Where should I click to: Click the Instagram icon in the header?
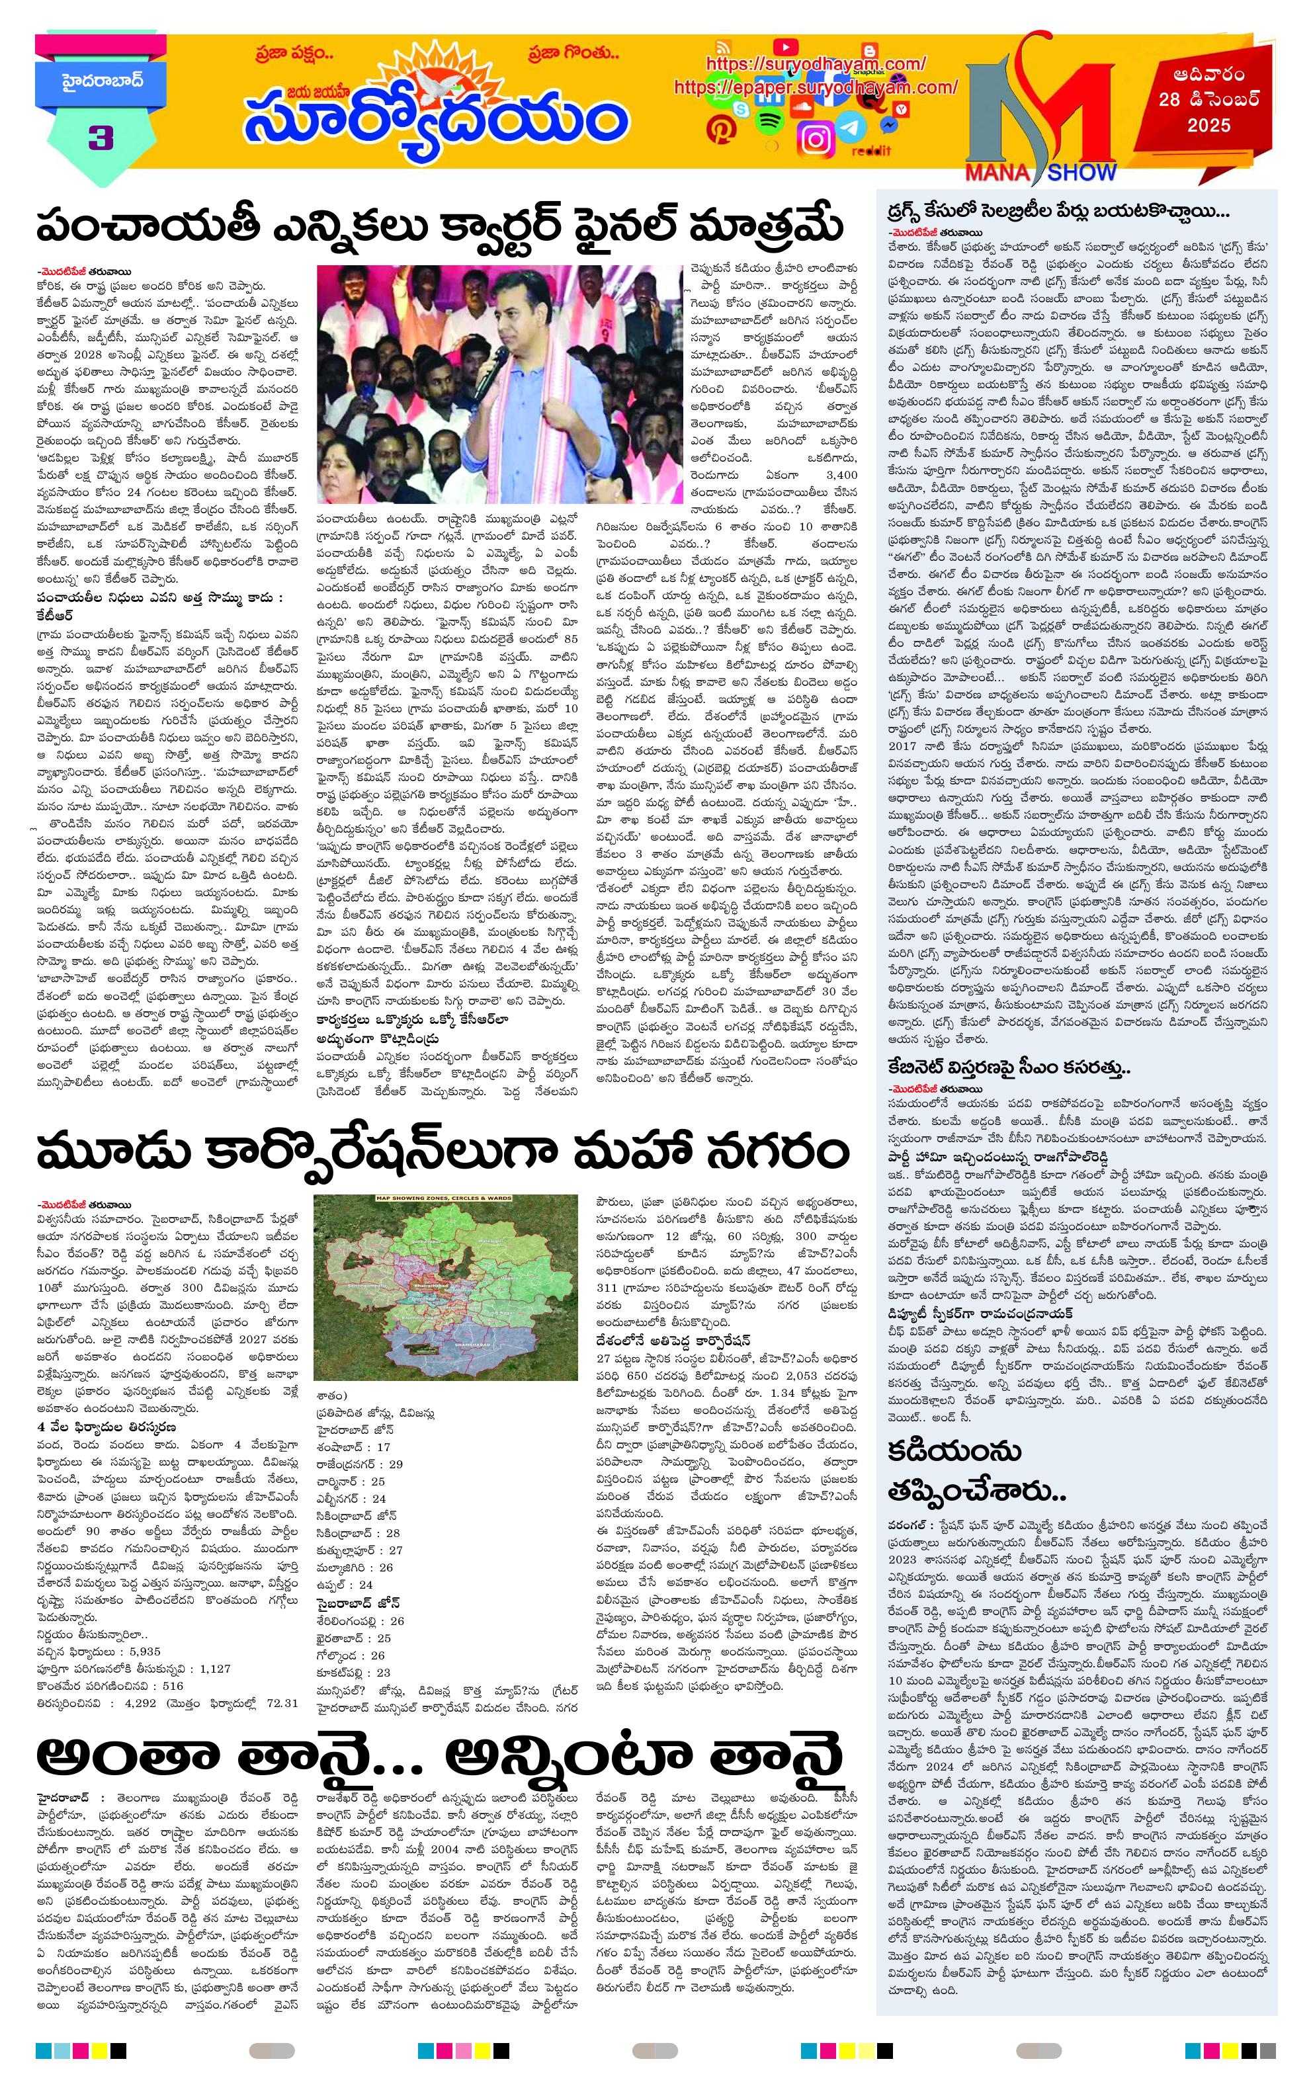point(816,138)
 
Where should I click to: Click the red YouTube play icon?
point(786,46)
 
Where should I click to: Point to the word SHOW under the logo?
point(1081,173)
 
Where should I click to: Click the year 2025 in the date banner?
point(1209,126)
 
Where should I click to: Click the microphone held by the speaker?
point(498,356)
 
